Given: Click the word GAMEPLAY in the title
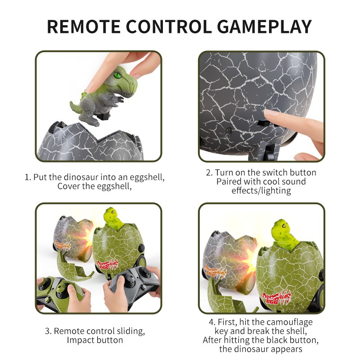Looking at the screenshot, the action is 264,27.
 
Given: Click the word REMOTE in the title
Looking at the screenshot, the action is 84,27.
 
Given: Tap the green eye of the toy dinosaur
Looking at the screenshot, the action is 118,75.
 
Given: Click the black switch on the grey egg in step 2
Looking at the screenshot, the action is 263,123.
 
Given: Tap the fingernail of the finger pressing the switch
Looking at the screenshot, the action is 270,112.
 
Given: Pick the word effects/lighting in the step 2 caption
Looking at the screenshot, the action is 261,190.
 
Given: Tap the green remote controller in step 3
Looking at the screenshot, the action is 60,292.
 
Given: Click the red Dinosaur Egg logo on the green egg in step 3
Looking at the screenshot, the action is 108,265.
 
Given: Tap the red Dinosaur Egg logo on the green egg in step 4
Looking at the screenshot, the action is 277,298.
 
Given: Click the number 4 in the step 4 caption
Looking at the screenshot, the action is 211,322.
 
